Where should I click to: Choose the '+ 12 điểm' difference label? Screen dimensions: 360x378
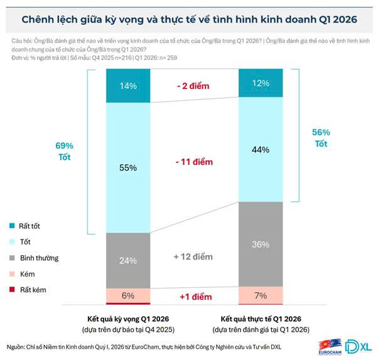192,257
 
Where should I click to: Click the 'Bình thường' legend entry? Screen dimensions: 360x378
38,258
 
